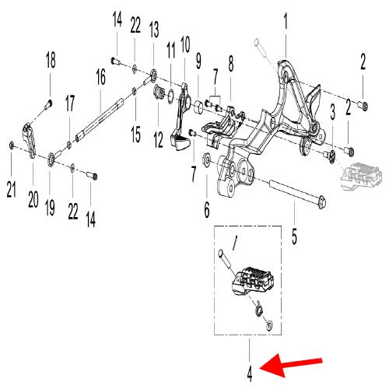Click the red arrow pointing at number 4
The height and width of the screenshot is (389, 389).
point(290,365)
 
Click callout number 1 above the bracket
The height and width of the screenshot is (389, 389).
point(286,22)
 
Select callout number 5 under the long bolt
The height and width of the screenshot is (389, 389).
point(294,237)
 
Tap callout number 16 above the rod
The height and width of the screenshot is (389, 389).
point(101,76)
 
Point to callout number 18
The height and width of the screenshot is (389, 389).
point(51,60)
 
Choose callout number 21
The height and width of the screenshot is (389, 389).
point(12,189)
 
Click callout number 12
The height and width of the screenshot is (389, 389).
point(159,139)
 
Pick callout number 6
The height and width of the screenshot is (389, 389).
point(207,209)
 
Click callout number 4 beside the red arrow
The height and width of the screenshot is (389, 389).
point(250,373)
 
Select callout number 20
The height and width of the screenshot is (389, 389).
point(33,199)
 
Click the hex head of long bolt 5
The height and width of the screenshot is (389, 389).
point(322,202)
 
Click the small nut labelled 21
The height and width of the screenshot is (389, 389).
point(12,145)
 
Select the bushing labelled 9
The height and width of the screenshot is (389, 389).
point(199,107)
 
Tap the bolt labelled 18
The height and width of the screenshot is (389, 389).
point(48,104)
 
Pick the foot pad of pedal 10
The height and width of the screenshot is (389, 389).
point(180,142)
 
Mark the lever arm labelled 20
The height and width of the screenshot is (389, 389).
point(30,140)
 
